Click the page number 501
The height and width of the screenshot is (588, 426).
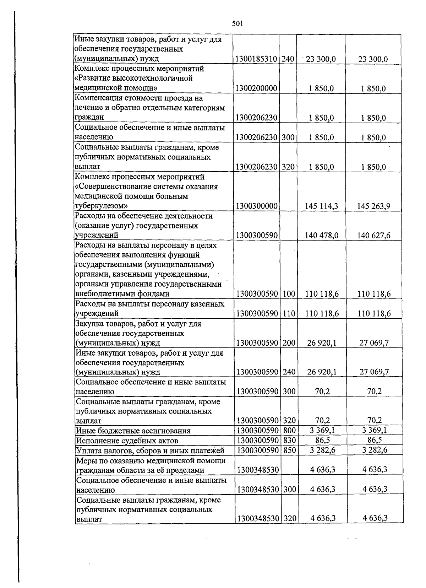pyautogui.click(x=237, y=24)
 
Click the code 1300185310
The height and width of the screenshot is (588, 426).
pyautogui.click(x=256, y=59)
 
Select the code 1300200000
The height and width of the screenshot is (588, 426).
pyautogui.click(x=256, y=88)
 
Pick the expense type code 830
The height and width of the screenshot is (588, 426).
pyautogui.click(x=289, y=441)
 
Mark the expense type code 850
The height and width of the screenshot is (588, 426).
pyautogui.click(x=289, y=451)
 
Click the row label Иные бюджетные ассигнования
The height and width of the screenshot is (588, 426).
pyautogui.click(x=133, y=431)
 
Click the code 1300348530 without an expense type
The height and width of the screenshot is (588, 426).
pyautogui.click(x=258, y=470)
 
